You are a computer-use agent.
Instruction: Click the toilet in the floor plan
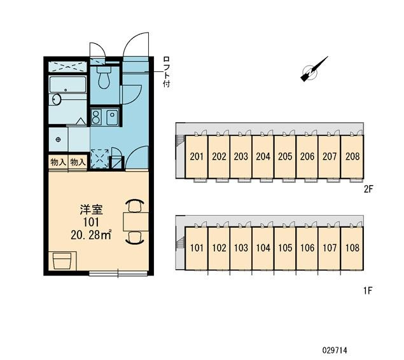click(x=104, y=77)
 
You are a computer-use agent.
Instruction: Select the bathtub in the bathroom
click(x=67, y=85)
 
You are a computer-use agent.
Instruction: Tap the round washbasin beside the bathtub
click(x=56, y=99)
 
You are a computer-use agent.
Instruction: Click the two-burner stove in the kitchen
click(x=96, y=117)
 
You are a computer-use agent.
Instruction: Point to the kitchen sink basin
click(x=112, y=117)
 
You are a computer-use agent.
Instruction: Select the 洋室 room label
click(x=91, y=210)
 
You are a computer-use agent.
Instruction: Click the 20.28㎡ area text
click(x=91, y=235)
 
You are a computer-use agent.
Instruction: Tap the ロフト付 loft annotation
click(x=167, y=72)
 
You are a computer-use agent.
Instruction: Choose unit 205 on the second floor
click(x=285, y=156)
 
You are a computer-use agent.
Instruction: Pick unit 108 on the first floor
click(x=352, y=248)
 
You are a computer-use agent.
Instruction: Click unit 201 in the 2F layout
click(x=197, y=156)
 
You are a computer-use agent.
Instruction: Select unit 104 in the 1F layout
click(x=263, y=248)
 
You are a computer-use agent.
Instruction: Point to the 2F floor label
click(x=368, y=190)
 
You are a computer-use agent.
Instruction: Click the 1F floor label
click(x=368, y=291)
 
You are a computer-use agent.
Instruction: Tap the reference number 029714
click(x=335, y=350)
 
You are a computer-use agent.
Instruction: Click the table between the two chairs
click(x=136, y=222)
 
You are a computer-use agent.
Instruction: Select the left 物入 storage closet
click(x=58, y=162)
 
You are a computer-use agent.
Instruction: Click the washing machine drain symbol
click(x=59, y=139)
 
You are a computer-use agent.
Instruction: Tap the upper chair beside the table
click(x=135, y=205)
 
